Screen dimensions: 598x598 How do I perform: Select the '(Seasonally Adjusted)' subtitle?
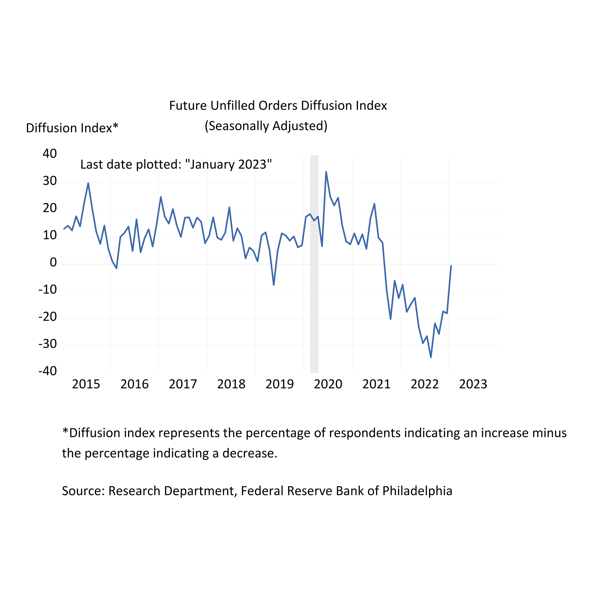point(266,126)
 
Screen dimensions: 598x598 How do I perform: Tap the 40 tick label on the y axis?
point(50,154)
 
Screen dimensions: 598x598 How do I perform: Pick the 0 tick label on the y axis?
point(53,263)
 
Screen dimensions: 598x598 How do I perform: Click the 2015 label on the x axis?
point(86,384)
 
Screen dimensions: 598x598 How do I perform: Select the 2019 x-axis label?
point(280,384)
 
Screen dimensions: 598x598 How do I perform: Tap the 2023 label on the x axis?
point(473,384)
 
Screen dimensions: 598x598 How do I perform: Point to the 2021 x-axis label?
point(376,384)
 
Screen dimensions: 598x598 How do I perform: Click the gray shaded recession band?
point(314,263)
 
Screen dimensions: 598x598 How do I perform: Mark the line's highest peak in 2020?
point(326,172)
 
